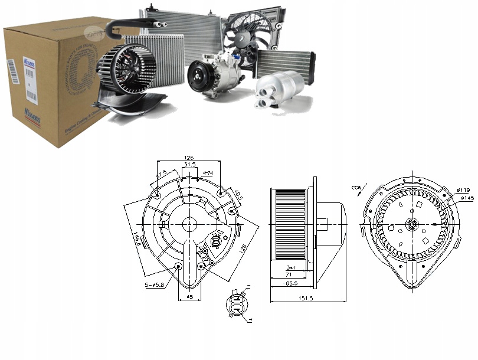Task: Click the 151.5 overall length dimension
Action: click(305, 299)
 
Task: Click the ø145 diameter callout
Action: click(467, 198)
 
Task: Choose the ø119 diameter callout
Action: click(462, 189)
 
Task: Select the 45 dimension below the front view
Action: click(190, 297)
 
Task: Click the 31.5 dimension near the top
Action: click(190, 165)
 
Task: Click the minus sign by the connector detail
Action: click(248, 286)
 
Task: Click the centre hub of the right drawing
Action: click(411, 225)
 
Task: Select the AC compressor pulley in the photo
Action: click(199, 77)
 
